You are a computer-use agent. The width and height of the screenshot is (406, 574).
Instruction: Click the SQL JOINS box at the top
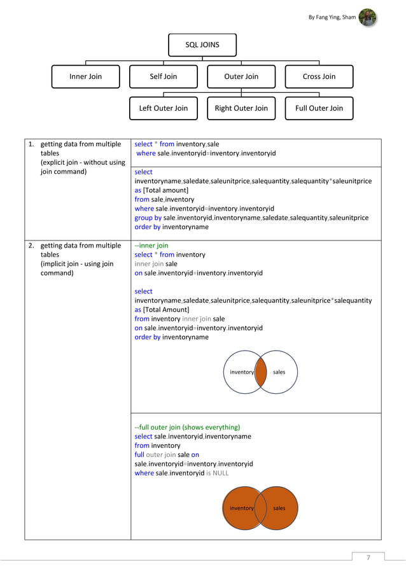[x=202, y=45]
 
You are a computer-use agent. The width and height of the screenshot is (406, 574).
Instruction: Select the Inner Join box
[x=85, y=76]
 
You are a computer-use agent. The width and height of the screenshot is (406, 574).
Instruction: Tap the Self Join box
[x=164, y=76]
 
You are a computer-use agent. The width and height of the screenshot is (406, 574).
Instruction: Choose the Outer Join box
[x=241, y=76]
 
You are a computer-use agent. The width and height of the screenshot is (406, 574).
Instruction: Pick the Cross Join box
[x=319, y=76]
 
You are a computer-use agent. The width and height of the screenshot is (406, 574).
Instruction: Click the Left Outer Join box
[x=164, y=108]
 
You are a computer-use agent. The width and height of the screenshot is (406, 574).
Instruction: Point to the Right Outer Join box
[x=241, y=108]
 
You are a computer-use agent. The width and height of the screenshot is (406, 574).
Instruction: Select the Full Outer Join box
[x=319, y=108]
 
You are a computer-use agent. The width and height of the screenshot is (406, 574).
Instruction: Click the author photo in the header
[x=367, y=17]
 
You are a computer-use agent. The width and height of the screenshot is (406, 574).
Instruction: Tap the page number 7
[x=368, y=558]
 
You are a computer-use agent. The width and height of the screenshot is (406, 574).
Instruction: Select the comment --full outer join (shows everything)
[x=187, y=427]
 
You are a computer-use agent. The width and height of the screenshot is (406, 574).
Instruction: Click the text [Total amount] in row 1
[x=166, y=190]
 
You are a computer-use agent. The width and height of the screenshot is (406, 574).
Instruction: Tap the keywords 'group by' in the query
[x=148, y=218]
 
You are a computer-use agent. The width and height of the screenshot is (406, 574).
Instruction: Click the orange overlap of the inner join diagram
[x=260, y=372]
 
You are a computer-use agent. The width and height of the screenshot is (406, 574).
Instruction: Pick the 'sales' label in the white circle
[x=279, y=372]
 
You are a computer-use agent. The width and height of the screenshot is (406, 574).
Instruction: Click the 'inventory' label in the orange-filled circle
[x=242, y=508]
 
